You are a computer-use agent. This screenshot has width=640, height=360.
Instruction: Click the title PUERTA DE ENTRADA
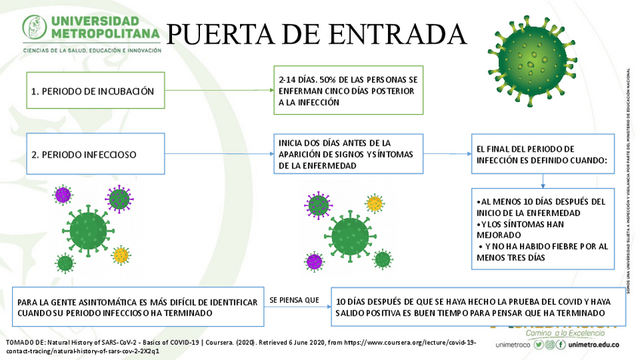(x=315, y=34)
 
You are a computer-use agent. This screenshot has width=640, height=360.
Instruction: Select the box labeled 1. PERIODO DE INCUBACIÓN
(x=96, y=91)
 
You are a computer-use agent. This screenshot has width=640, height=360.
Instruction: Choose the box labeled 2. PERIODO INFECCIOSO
(x=96, y=155)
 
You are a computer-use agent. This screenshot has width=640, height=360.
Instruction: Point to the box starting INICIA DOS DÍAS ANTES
(x=348, y=154)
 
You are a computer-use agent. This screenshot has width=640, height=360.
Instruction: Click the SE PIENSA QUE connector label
(x=294, y=300)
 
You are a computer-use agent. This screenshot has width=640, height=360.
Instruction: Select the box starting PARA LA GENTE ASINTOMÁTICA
(x=137, y=306)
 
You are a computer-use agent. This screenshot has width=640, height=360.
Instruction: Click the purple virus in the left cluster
(x=63, y=195)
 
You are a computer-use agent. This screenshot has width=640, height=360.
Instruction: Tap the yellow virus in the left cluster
(x=120, y=255)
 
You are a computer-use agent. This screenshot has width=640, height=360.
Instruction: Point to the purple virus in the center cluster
(x=314, y=262)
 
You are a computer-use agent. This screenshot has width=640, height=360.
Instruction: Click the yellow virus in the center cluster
(x=374, y=204)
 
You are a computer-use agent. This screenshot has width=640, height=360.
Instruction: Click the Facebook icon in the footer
(x=561, y=344)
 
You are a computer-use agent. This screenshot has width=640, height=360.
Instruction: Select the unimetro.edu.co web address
(x=599, y=344)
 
